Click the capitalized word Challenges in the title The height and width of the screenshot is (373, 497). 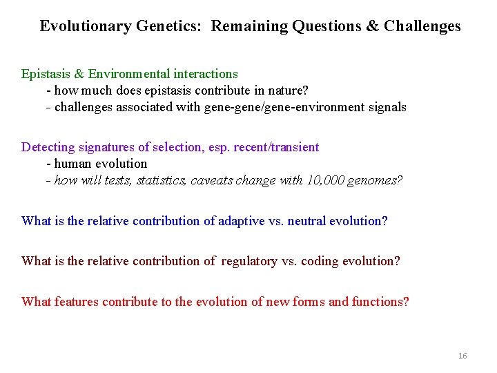[422, 27]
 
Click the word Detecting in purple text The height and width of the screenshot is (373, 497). [48, 147]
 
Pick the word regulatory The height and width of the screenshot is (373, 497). [251, 261]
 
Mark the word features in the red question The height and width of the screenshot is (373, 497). [77, 302]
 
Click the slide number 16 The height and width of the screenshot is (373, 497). [462, 356]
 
